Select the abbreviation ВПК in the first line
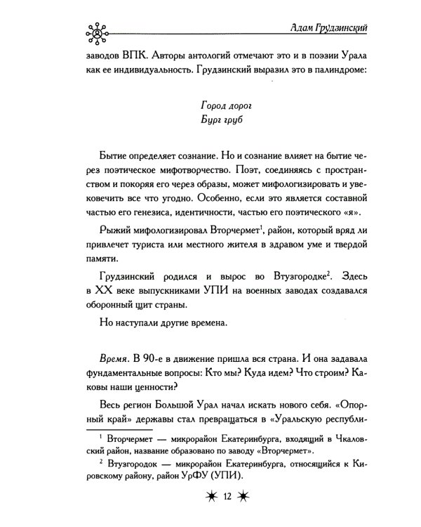127,57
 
